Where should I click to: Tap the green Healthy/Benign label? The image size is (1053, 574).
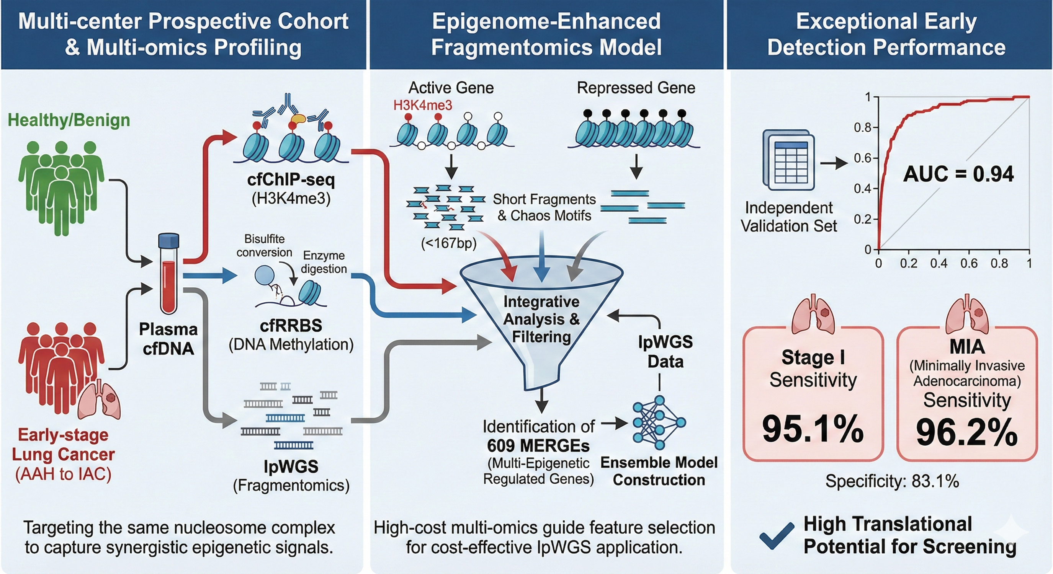click(x=69, y=120)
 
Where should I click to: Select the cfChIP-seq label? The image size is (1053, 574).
click(x=291, y=180)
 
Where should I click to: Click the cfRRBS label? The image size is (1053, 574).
click(x=291, y=326)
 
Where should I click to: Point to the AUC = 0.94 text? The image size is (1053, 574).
click(x=958, y=174)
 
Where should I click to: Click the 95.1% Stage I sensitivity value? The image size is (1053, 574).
click(x=813, y=429)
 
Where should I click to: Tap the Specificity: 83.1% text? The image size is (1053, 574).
click(x=892, y=481)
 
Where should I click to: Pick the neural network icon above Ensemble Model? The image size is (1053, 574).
click(x=659, y=423)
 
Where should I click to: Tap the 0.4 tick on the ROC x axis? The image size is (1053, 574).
click(x=939, y=264)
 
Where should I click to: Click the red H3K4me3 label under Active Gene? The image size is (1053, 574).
click(x=423, y=105)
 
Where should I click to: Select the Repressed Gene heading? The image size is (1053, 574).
click(x=636, y=88)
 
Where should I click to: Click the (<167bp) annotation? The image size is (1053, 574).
click(x=448, y=243)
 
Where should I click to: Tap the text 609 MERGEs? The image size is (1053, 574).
click(x=538, y=445)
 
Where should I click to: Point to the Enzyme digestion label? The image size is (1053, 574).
click(x=324, y=262)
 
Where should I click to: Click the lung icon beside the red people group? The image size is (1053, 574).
click(x=100, y=400)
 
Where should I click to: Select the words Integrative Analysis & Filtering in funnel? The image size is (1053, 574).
click(x=541, y=319)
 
